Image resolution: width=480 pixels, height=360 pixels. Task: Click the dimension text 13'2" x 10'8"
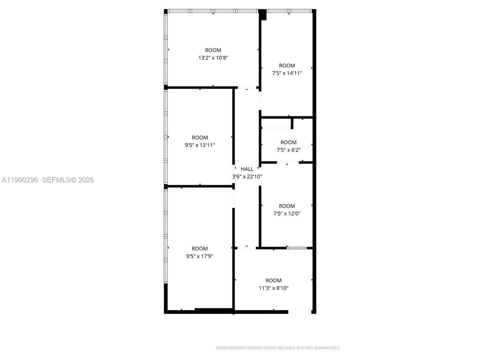pyautogui.click(x=213, y=58)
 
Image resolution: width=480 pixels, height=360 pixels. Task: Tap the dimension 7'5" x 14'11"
pyautogui.click(x=287, y=73)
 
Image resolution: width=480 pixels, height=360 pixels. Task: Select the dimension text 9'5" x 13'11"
pyautogui.click(x=200, y=145)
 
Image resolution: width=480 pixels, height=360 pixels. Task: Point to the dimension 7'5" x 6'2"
pyautogui.click(x=288, y=150)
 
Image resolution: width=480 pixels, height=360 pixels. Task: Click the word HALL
pyautogui.click(x=247, y=169)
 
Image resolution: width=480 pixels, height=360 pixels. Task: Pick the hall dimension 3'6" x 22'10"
pyautogui.click(x=247, y=177)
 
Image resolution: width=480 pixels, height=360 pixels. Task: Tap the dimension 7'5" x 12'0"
pyautogui.click(x=287, y=213)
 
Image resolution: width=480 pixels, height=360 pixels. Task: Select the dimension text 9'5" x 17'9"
pyautogui.click(x=200, y=256)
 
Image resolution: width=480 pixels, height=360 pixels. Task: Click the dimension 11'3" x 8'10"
pyautogui.click(x=273, y=288)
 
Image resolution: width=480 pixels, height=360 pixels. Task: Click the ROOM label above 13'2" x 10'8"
pyautogui.click(x=213, y=50)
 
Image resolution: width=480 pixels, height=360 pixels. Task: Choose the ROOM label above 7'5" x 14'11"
pyautogui.click(x=287, y=66)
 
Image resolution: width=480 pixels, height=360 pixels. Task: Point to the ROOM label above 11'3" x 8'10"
pyautogui.click(x=273, y=281)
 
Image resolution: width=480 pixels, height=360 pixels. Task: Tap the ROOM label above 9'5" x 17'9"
pyautogui.click(x=200, y=248)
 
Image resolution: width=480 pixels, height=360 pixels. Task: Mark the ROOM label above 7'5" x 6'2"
pyautogui.click(x=288, y=142)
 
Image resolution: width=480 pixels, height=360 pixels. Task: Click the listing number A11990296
pyautogui.click(x=20, y=180)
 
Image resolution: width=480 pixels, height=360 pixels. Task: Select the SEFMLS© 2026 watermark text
pyautogui.click(x=68, y=180)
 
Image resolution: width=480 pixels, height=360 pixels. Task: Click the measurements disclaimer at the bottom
pyautogui.click(x=277, y=348)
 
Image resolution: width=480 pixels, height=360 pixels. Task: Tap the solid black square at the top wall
pyautogui.click(x=263, y=15)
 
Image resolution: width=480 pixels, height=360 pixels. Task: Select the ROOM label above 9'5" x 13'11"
pyautogui.click(x=200, y=138)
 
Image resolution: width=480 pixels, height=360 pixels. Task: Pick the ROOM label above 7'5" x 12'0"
pyautogui.click(x=287, y=206)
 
